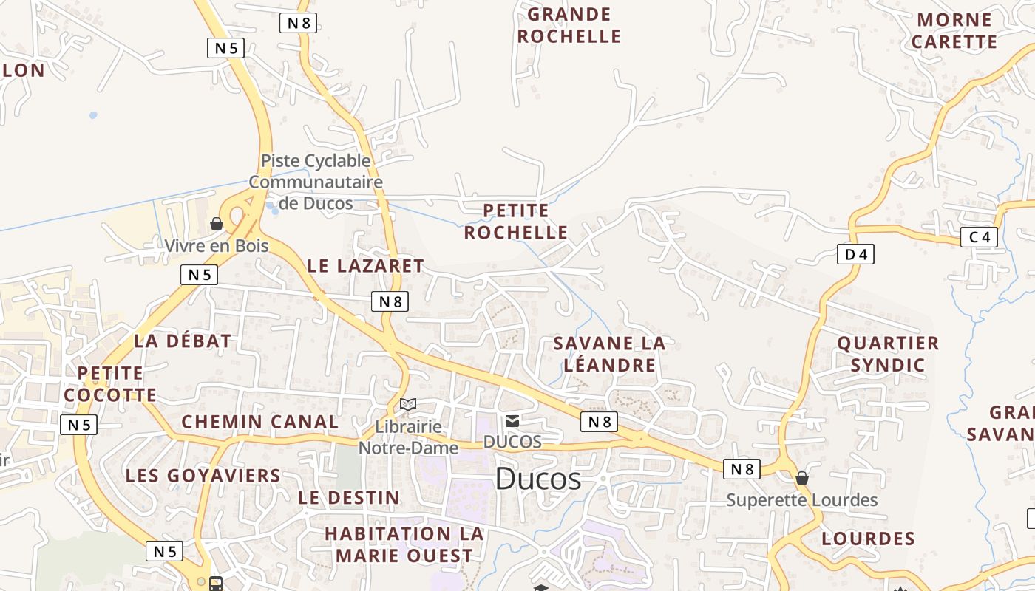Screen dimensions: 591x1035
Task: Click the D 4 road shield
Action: point(855,254)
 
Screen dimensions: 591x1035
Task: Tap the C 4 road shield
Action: point(979,237)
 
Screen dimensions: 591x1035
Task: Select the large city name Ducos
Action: point(537,479)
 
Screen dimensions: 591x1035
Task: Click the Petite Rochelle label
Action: point(516,222)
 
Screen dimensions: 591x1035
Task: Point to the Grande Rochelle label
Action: point(569,25)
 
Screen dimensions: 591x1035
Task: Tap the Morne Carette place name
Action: point(954,31)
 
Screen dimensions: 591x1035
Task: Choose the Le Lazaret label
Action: point(365,266)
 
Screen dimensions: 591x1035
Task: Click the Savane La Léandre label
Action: point(609,354)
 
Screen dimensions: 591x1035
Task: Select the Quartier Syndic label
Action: point(888,354)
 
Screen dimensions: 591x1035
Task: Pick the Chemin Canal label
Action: point(260,422)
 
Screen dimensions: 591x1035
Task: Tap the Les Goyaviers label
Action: point(203,475)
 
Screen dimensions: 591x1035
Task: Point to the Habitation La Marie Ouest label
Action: point(404,544)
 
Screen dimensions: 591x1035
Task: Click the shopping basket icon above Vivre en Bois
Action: point(217,223)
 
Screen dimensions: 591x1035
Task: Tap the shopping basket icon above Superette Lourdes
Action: point(802,478)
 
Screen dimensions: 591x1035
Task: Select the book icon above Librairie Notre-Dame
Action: point(408,404)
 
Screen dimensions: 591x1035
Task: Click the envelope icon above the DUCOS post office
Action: point(512,421)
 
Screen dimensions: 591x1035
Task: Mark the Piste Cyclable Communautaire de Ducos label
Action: point(316,182)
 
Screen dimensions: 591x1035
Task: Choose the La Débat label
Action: point(183,341)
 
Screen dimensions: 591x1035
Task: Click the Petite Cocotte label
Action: point(110,383)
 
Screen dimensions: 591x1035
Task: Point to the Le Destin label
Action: point(349,497)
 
